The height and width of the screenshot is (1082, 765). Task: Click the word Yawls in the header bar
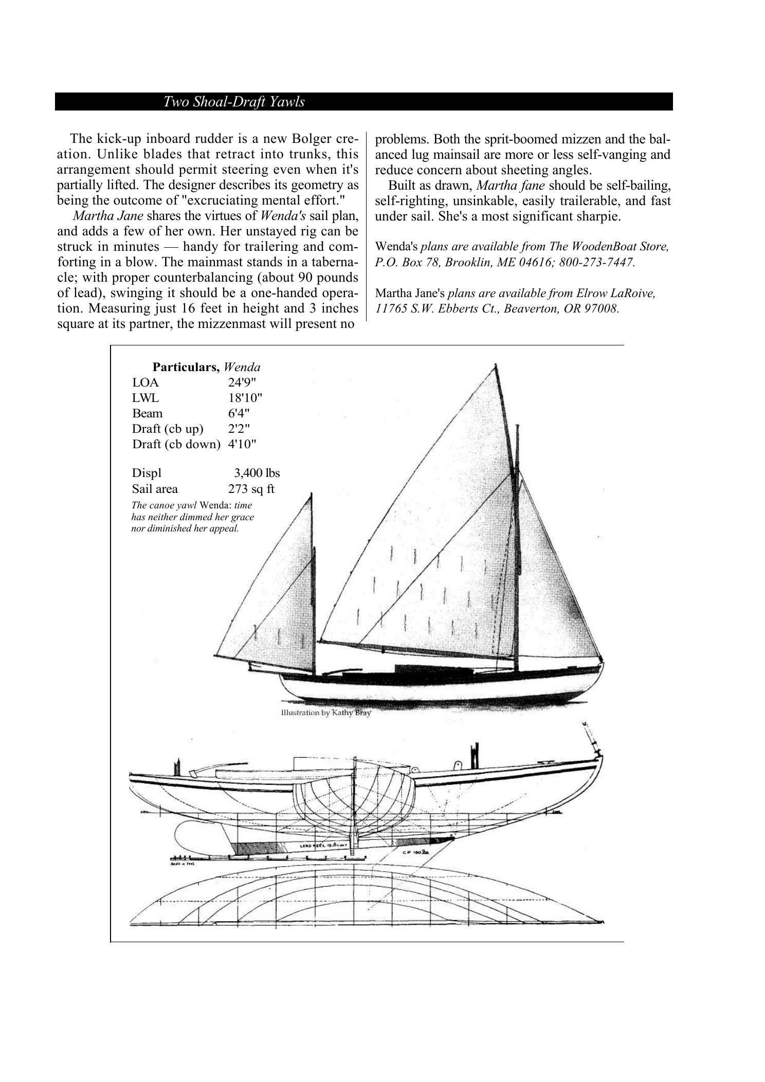[x=287, y=102]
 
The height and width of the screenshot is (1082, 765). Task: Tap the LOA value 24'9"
[x=242, y=382]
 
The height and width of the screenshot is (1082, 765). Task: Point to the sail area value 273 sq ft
[x=251, y=488]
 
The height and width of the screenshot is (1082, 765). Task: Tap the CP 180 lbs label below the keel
[x=411, y=852]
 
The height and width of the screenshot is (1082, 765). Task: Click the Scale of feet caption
[x=176, y=864]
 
